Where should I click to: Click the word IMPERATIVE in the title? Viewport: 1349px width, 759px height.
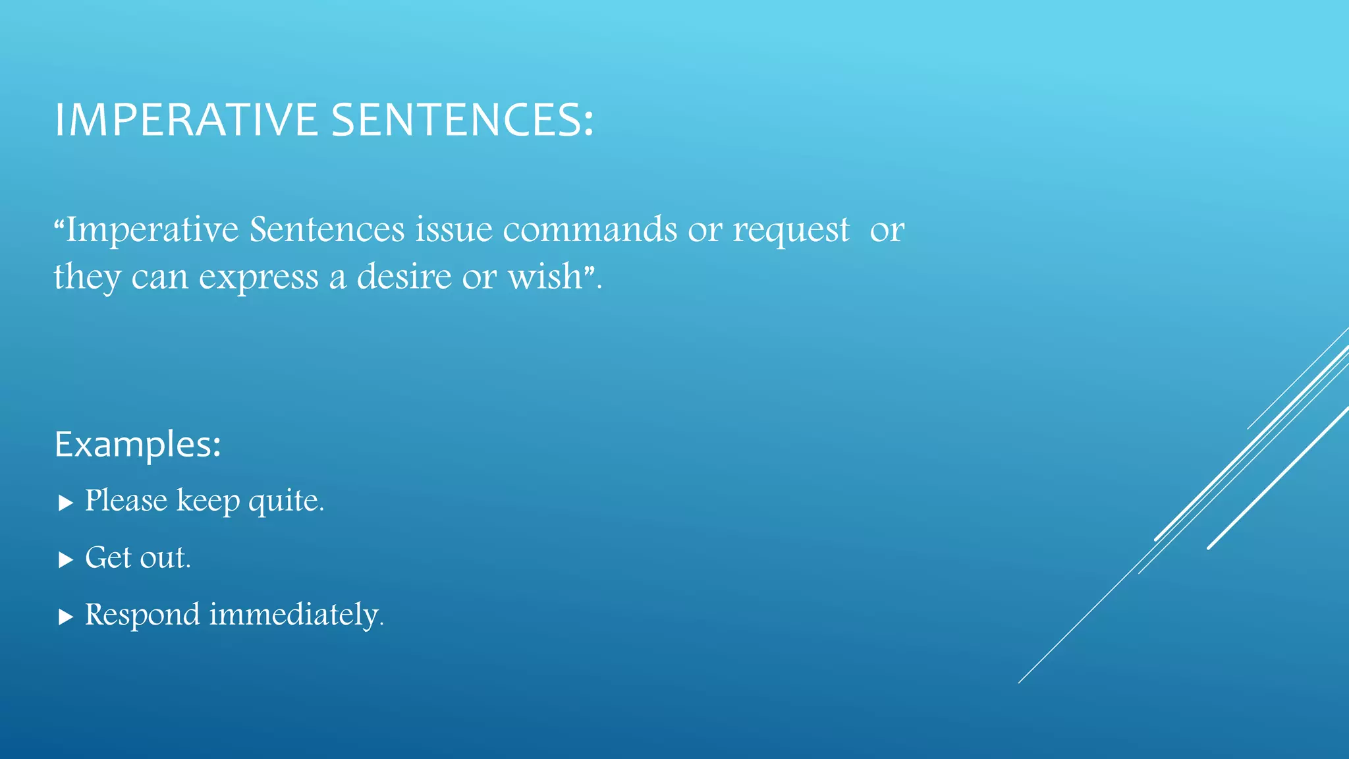[x=186, y=120]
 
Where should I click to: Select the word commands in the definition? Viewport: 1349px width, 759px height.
[x=590, y=230]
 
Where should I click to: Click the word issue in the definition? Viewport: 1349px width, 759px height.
[x=454, y=230]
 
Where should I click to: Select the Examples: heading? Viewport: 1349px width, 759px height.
[x=138, y=445]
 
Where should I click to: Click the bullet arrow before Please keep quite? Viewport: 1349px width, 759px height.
[x=65, y=503]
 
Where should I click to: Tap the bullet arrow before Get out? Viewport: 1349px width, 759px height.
[x=65, y=560]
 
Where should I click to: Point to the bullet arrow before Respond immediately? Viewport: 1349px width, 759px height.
[x=65, y=617]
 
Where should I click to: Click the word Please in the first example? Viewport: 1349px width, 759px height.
[x=126, y=501]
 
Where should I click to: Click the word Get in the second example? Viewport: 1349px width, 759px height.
[x=109, y=558]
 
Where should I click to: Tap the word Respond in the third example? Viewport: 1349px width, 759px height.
[x=142, y=615]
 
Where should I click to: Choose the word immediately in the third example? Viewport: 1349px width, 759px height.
[x=294, y=615]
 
